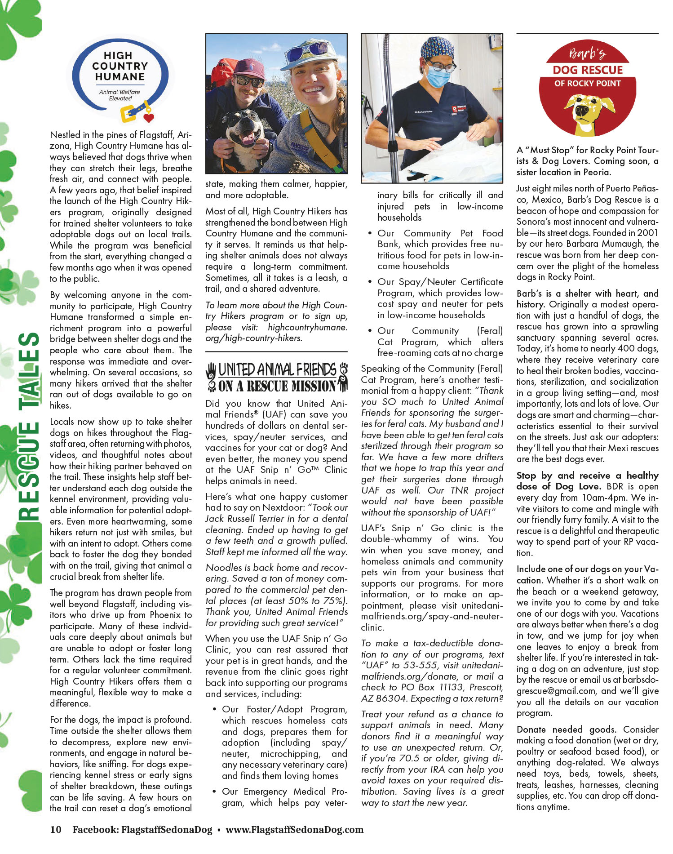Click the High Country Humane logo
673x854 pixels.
coord(120,79)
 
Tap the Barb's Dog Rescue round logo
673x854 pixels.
coord(588,90)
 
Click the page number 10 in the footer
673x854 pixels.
coord(56,829)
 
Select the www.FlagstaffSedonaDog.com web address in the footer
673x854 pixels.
coord(294,829)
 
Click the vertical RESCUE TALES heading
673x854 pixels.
coord(30,427)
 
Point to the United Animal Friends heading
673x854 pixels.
coord(276,377)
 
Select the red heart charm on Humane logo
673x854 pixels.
coord(149,118)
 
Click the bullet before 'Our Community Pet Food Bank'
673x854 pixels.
coord(369,233)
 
